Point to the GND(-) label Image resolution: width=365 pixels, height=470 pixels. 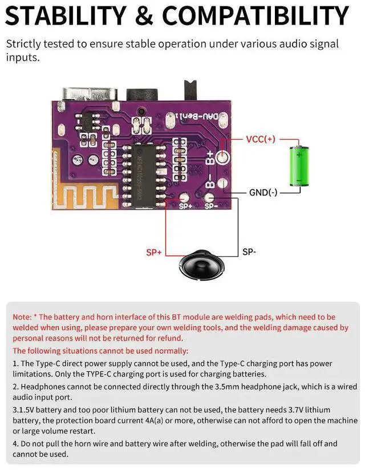pyautogui.click(x=263, y=192)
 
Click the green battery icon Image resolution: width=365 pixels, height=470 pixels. pyautogui.click(x=299, y=165)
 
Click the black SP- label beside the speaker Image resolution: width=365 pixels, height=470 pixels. pyautogui.click(x=249, y=252)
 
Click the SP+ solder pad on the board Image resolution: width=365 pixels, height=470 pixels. pyautogui.click(x=184, y=199)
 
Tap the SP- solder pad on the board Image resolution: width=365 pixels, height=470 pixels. pyautogui.click(x=209, y=199)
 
